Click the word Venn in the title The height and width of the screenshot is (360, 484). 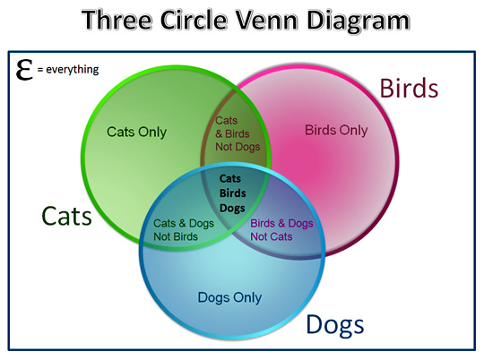(267, 20)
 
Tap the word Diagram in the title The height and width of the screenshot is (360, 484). (358, 21)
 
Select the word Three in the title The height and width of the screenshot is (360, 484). (117, 20)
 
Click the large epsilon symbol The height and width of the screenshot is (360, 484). (24, 70)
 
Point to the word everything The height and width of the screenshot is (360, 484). (73, 70)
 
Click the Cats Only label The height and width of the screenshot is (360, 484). (136, 132)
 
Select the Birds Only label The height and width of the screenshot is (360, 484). (336, 130)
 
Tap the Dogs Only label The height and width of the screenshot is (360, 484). (229, 297)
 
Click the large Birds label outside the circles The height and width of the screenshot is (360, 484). (409, 89)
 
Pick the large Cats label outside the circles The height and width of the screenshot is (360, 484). (66, 216)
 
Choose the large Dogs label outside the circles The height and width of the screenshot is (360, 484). (335, 325)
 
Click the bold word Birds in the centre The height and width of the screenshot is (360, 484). (233, 193)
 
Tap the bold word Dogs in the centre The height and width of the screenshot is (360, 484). (232, 209)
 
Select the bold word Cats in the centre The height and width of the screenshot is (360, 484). (230, 178)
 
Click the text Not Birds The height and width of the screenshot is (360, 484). (176, 236)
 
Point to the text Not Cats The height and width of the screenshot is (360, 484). (272, 236)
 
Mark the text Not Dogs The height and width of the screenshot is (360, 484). (238, 147)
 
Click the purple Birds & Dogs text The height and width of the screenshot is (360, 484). (281, 223)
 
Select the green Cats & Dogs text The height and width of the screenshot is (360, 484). (184, 223)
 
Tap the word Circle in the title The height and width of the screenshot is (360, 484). (194, 20)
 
